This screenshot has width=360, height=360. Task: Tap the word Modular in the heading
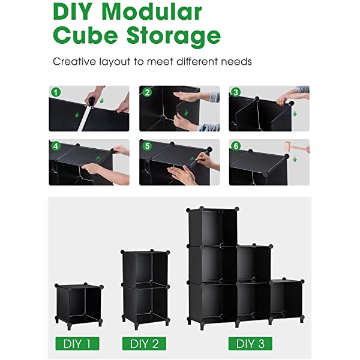click(159, 12)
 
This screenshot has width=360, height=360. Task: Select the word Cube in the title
click(85, 36)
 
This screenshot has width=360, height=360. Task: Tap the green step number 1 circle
click(56, 92)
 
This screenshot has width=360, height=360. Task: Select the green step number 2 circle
click(147, 92)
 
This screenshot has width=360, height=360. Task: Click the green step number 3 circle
click(236, 92)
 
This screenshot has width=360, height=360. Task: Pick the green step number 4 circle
click(56, 146)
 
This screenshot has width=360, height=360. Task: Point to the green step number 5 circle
click(147, 146)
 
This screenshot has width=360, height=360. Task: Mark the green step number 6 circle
click(236, 146)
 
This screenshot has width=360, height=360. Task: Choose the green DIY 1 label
click(77, 344)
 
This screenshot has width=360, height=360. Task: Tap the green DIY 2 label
click(144, 344)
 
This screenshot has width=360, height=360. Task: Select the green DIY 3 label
click(250, 344)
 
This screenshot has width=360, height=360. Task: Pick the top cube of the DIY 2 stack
click(144, 268)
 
